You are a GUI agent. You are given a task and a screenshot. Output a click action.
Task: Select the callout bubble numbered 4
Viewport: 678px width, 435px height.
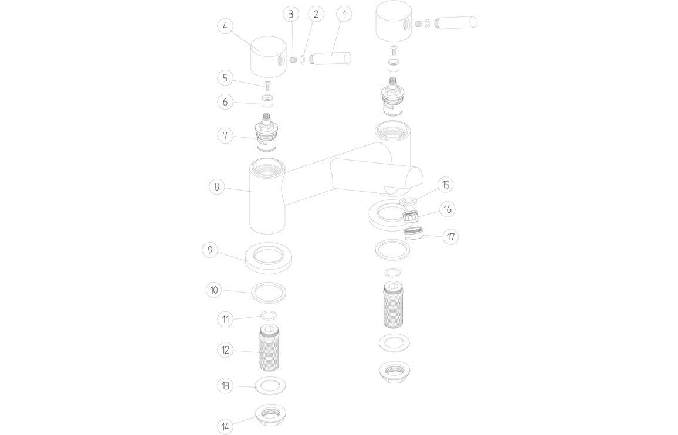click(226, 27)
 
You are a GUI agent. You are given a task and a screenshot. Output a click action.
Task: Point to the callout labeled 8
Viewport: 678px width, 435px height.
click(217, 187)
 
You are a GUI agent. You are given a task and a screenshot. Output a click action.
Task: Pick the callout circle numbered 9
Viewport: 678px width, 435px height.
click(210, 250)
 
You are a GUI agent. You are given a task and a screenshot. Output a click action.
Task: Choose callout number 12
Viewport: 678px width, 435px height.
click(226, 350)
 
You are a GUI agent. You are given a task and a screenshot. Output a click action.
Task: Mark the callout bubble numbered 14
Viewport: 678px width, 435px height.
click(226, 426)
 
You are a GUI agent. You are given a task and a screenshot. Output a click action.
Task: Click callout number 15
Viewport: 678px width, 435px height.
click(446, 185)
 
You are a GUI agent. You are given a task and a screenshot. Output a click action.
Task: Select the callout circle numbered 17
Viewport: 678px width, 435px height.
click(450, 237)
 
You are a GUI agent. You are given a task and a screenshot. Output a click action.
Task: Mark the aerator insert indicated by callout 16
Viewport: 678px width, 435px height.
click(413, 216)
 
